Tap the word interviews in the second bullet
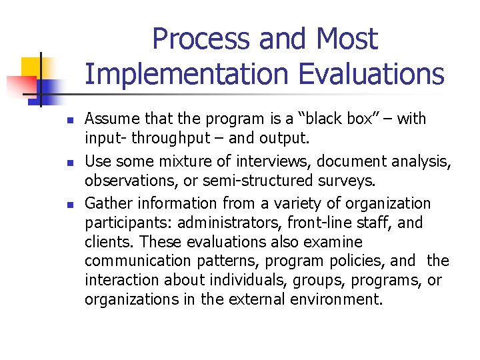(279, 161)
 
